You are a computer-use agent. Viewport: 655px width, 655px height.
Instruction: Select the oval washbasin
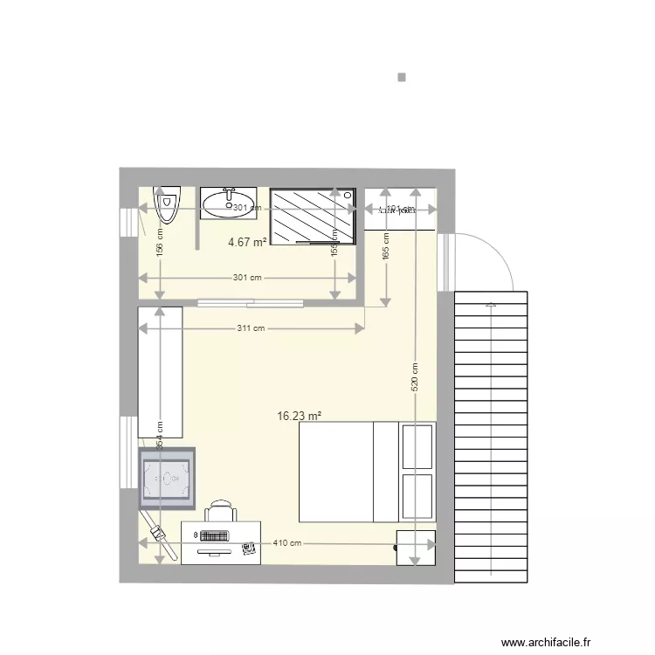[228, 204]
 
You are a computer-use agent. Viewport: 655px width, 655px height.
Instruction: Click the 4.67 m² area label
[247, 243]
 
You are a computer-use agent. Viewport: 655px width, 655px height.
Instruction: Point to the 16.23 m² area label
[298, 417]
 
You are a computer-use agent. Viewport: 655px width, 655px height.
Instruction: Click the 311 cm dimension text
[251, 329]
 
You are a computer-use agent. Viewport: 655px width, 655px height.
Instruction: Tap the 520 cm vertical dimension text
[415, 376]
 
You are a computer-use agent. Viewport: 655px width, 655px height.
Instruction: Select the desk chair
[221, 511]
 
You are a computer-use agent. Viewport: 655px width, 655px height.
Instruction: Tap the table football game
[166, 478]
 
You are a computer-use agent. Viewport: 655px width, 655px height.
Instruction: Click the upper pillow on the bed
[417, 446]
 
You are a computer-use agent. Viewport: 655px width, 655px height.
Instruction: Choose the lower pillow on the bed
[417, 496]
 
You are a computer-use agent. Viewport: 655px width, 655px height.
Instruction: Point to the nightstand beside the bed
[416, 547]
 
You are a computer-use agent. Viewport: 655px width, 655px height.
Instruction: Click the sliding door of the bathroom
[251, 304]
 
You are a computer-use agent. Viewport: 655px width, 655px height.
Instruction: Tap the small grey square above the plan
[402, 77]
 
